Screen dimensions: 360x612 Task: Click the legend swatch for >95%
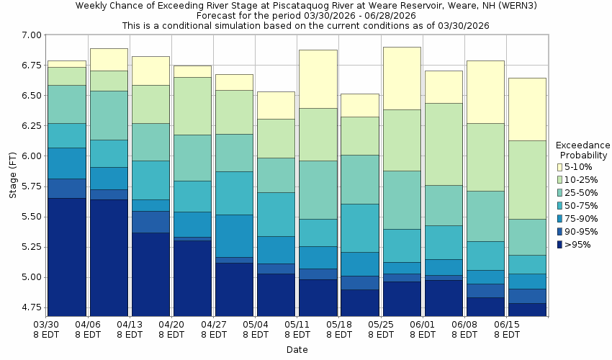560,244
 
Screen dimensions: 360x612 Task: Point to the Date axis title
296,350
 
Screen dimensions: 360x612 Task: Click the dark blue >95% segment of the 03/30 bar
67,257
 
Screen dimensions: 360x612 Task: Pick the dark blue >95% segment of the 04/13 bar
150,274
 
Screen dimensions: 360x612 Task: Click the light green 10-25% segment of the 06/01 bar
444,144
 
